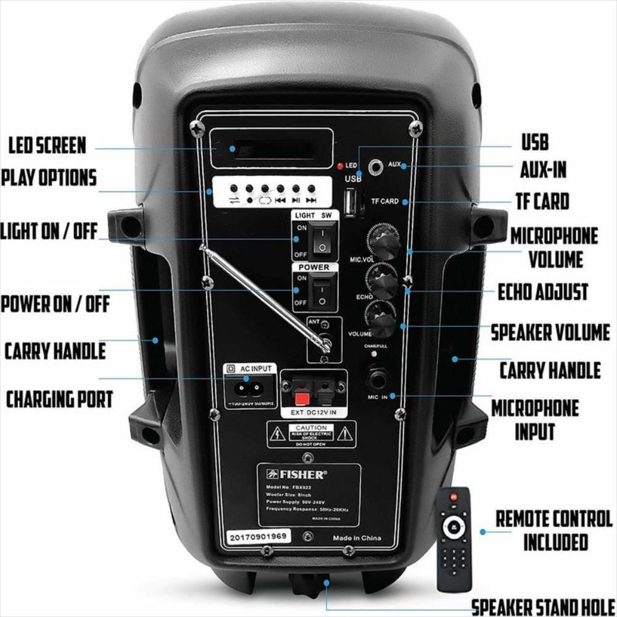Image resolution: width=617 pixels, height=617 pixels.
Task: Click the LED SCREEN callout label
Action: click(x=47, y=145)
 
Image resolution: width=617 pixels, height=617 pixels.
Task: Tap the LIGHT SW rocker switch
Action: click(x=321, y=241)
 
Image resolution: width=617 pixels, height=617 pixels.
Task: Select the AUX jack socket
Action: click(x=374, y=166)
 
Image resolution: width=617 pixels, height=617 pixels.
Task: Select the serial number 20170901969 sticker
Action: click(x=257, y=536)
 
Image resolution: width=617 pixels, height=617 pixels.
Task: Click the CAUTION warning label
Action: click(x=311, y=433)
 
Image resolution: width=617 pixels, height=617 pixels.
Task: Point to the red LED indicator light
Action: click(x=339, y=166)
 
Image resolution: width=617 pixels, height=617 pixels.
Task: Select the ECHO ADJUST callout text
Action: click(x=543, y=292)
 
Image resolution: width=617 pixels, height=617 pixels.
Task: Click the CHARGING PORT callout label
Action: click(x=60, y=399)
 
